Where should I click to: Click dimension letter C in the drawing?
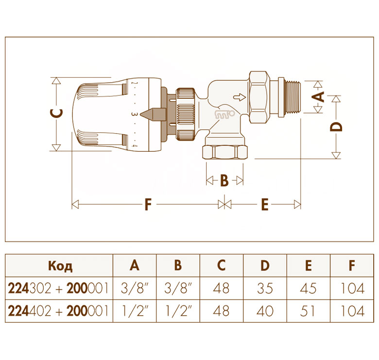[x=57, y=114]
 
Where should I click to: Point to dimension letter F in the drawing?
[x=148, y=204]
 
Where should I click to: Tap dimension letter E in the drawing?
[x=265, y=204]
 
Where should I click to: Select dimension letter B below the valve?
[x=224, y=180]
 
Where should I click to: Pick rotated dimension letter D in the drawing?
[x=336, y=127]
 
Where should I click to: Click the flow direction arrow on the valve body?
[x=240, y=97]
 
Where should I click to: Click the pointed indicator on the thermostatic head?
[x=153, y=114]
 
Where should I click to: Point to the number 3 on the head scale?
[x=135, y=114]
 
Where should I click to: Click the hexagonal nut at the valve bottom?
[x=225, y=152]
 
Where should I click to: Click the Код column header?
[x=60, y=266]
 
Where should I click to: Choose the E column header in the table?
[x=308, y=266]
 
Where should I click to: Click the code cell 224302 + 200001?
[x=58, y=288]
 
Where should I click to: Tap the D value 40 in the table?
[x=265, y=311]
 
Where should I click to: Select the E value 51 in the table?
[x=308, y=311]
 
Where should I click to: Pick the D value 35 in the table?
[x=265, y=288]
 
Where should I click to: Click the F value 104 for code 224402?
[x=352, y=311]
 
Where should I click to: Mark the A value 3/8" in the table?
[x=134, y=288]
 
